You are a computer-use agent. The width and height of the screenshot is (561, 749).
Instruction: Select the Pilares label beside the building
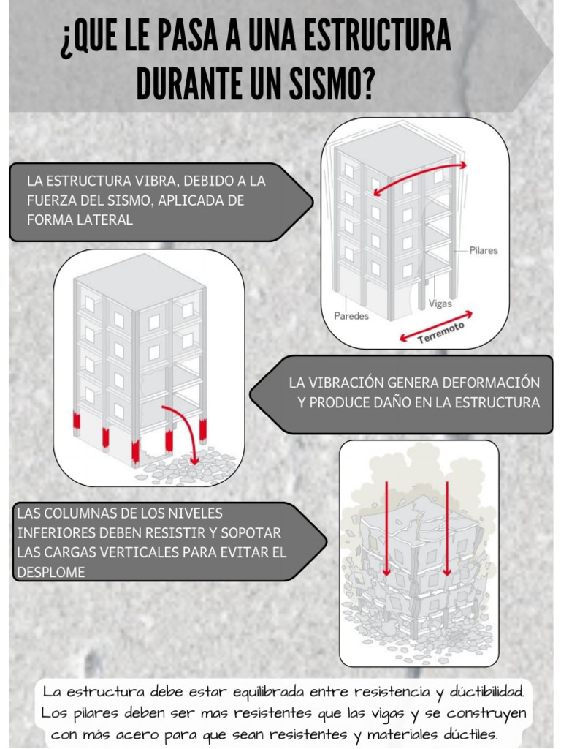[484, 250]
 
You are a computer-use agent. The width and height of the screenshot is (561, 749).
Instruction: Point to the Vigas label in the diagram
[440, 303]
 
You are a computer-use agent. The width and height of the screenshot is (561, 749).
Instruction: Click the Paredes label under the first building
[351, 316]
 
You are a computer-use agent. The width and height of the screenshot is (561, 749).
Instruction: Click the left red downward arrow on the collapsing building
[386, 527]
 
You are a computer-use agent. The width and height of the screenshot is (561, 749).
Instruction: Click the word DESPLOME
[50, 572]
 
